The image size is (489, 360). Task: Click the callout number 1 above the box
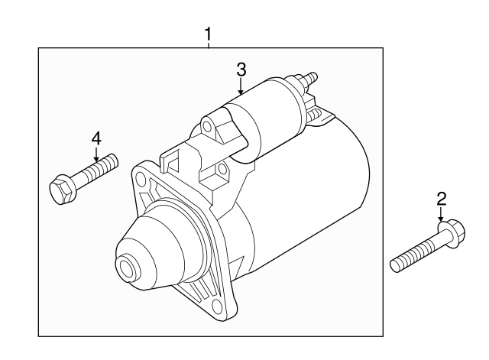pos(208,34)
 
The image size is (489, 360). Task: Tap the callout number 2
pos(441,199)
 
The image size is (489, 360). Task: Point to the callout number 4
pos(96,138)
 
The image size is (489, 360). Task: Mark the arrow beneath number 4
pos(96,155)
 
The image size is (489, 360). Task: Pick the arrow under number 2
pos(441,216)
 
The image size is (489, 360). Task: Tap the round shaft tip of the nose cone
pos(125,269)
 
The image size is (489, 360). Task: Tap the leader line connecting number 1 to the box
pos(208,44)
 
